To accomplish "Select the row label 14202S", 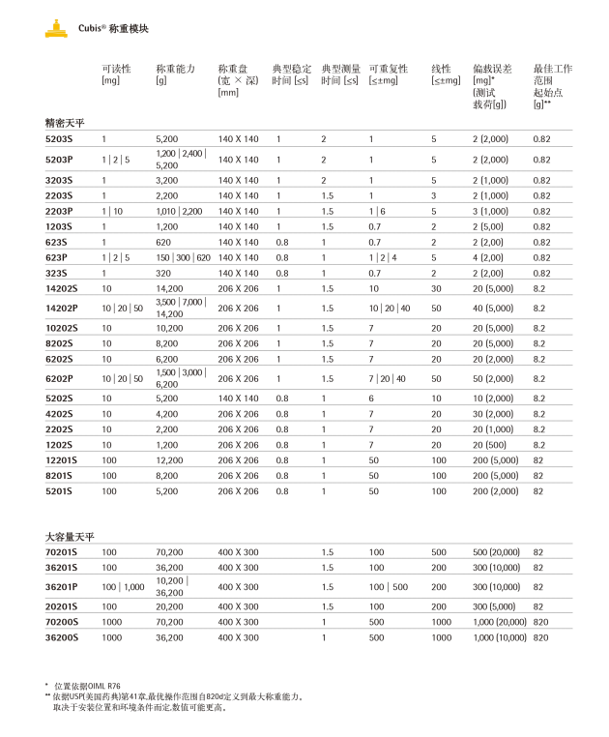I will point(62,288).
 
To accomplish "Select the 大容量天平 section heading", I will point(70,536).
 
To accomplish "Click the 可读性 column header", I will point(116,69).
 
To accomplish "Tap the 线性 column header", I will point(441,69).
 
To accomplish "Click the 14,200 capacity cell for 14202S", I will point(169,288).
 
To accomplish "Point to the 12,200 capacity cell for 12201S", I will point(169,460).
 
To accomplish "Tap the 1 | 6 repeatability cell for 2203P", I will point(376,211).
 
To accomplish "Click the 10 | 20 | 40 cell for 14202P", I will point(389,309).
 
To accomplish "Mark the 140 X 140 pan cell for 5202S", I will point(238,398).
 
